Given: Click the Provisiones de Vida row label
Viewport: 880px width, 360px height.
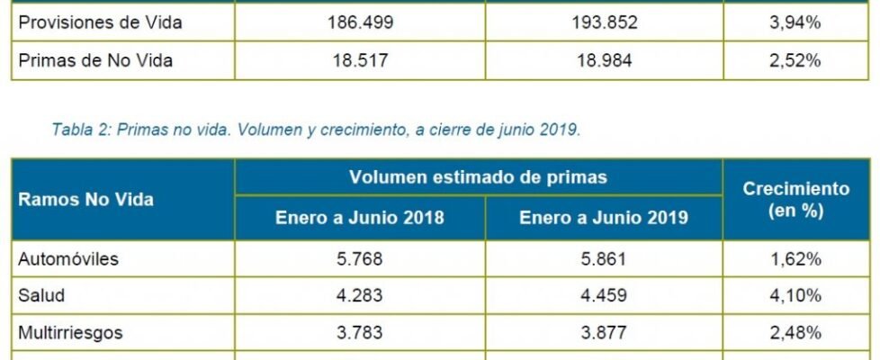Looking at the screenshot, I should click(x=100, y=23).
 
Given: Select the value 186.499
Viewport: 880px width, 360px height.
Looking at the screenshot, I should click(x=360, y=23).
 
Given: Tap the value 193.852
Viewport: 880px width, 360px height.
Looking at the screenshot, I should click(x=604, y=23).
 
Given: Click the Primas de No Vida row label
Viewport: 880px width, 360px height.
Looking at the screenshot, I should click(x=95, y=61).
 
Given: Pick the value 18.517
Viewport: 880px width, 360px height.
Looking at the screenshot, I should click(x=360, y=61).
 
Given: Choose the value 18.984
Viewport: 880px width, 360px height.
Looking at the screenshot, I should click(x=604, y=61).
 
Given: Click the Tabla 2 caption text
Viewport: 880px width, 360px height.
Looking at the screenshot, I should click(x=316, y=129).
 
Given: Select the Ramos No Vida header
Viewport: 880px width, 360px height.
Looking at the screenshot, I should click(x=85, y=200).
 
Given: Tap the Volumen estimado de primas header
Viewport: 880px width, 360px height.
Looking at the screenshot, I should click(x=478, y=177).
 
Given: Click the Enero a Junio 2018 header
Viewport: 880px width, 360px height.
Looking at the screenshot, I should click(x=360, y=219).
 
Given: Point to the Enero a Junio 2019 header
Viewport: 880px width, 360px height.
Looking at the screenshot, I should click(x=604, y=219).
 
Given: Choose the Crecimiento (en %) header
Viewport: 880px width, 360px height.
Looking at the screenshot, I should click(x=795, y=200).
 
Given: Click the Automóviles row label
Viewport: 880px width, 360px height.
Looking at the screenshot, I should click(x=68, y=259).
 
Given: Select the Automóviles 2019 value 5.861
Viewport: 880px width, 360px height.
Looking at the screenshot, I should click(x=604, y=259).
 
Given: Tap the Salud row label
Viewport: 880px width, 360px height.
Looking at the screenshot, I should click(x=41, y=296).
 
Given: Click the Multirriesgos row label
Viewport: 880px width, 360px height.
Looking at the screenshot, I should click(x=70, y=333).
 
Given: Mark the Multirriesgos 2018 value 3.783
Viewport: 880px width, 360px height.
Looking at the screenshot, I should click(x=360, y=333).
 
